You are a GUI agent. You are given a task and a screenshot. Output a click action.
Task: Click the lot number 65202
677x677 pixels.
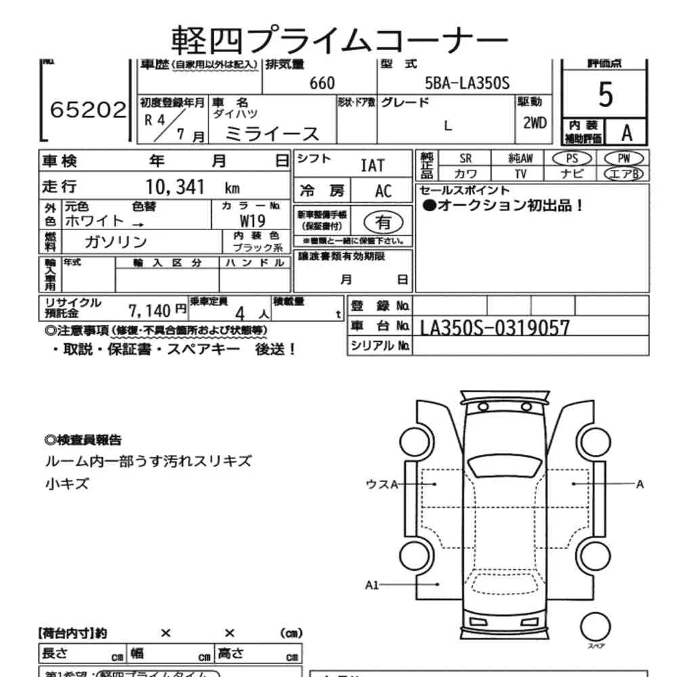tap(87, 110)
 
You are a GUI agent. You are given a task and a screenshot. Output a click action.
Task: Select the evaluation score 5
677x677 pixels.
tap(605, 95)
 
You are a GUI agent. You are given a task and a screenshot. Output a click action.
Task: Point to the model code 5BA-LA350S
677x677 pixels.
tap(466, 83)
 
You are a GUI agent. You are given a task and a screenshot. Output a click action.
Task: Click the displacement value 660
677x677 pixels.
tap(322, 83)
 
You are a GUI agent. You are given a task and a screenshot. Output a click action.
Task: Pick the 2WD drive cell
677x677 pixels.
tap(534, 123)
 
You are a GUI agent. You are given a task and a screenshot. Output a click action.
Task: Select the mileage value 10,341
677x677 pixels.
tap(175, 188)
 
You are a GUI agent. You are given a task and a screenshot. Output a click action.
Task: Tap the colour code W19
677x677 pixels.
tap(253, 221)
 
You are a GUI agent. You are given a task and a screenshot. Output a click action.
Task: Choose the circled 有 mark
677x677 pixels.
tap(383, 221)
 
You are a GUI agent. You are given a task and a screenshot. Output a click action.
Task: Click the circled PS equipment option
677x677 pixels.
tap(571, 158)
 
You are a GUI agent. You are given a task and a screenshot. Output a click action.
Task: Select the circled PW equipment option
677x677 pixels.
tap(623, 158)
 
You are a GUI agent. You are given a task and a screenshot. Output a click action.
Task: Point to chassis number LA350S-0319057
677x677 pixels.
tap(495, 328)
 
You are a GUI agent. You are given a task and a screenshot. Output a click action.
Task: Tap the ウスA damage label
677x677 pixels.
tap(380, 483)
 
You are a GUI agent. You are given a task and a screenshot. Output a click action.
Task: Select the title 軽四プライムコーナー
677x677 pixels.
tap(338, 39)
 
